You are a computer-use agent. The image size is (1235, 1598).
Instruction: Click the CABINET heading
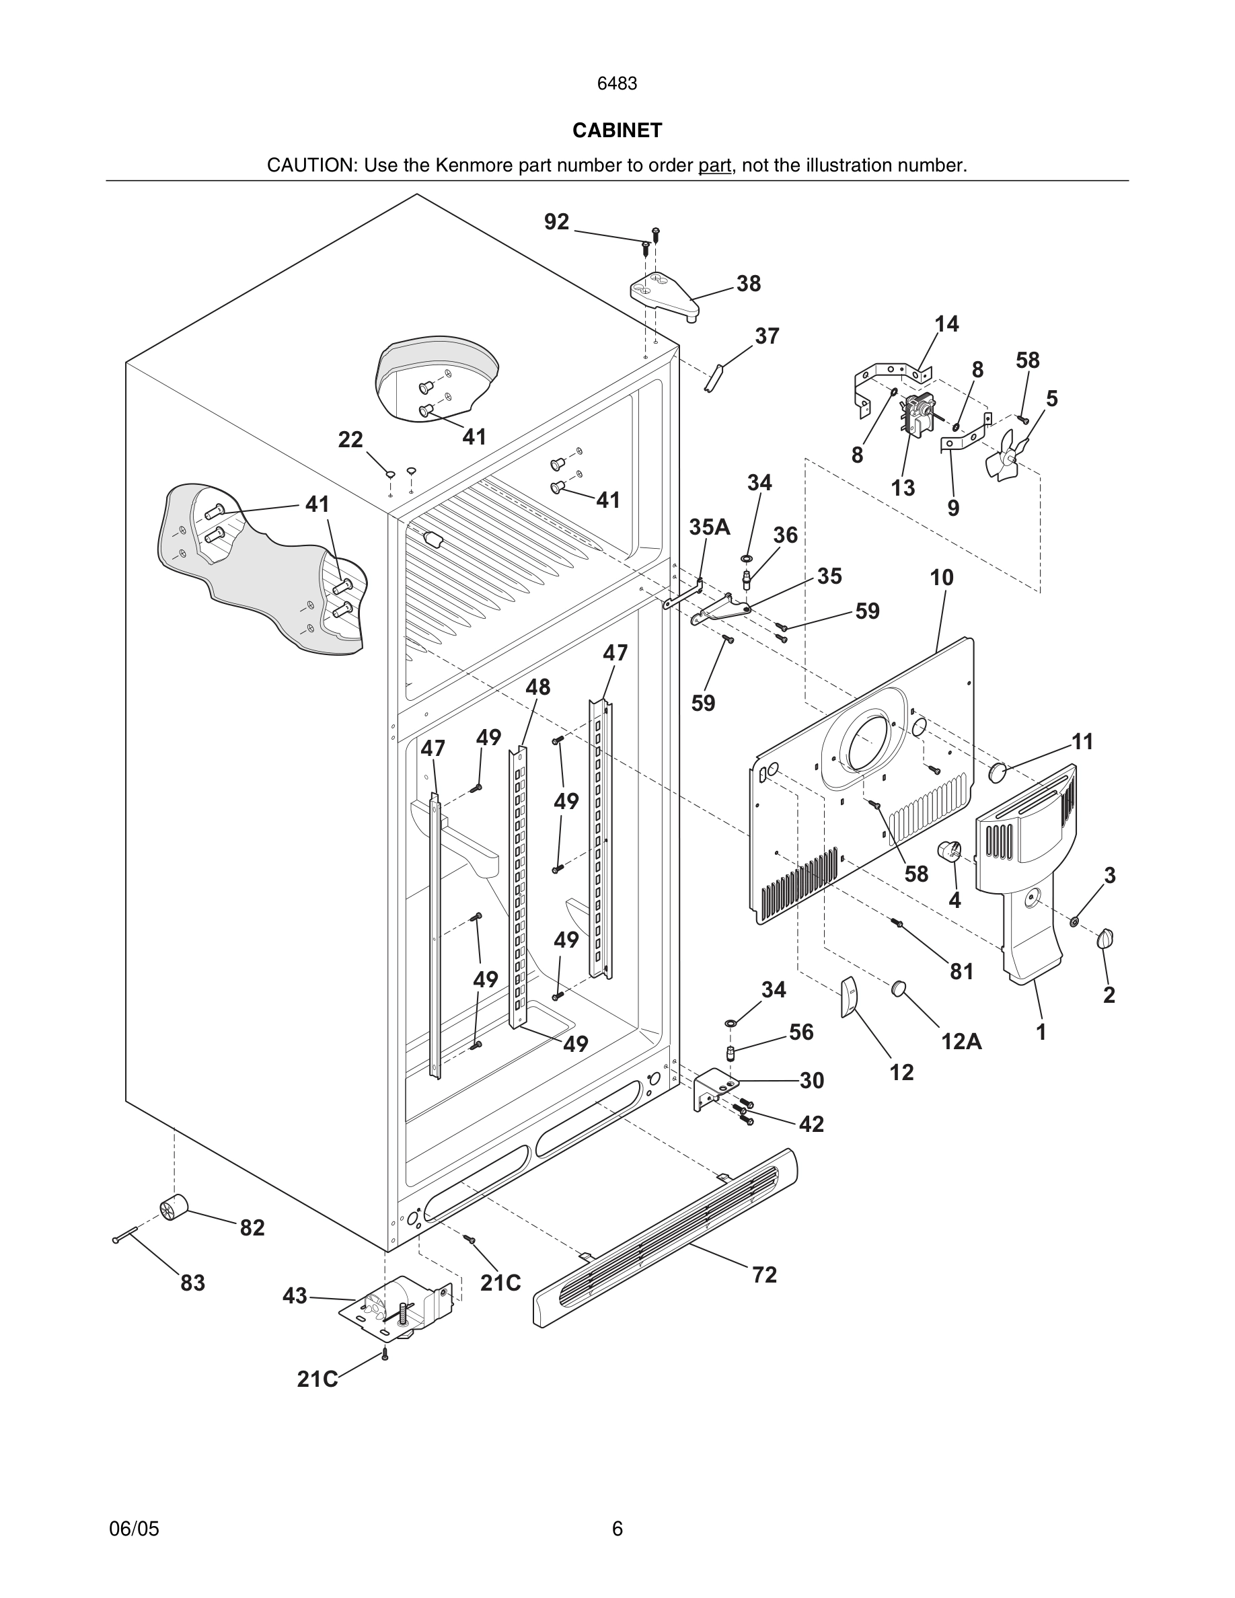pyautogui.click(x=617, y=130)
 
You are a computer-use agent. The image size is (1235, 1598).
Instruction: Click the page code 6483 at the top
pyautogui.click(x=617, y=84)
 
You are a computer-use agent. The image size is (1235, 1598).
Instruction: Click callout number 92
pyautogui.click(x=556, y=222)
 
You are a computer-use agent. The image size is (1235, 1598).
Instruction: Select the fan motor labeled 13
pyautogui.click(x=915, y=416)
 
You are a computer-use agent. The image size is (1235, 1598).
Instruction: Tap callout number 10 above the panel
pyautogui.click(x=942, y=577)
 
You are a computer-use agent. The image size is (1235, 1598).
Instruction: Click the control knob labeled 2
pyautogui.click(x=1105, y=939)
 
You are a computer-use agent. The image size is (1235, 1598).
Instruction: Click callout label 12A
pyautogui.click(x=961, y=1040)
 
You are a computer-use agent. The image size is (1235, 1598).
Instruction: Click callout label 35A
pyautogui.click(x=709, y=527)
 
